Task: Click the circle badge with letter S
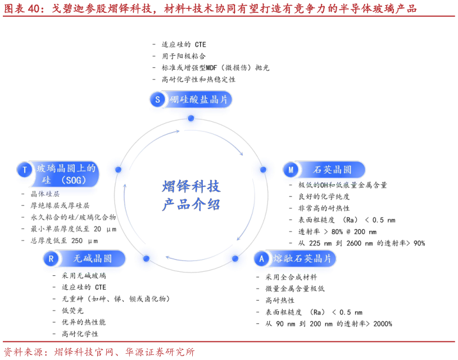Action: tap(157, 99)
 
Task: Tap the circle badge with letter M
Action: tap(291, 170)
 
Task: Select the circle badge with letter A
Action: tap(261, 259)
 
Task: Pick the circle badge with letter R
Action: tap(51, 259)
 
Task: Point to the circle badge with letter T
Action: tap(25, 170)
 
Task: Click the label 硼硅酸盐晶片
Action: tap(198, 99)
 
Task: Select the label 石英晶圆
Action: tap(332, 170)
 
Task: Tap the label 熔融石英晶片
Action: tap(302, 259)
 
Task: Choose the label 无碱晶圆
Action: tap(92, 259)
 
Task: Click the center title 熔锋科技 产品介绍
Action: tap(191, 195)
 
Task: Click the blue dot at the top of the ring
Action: tap(191, 119)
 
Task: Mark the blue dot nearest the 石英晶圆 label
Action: tap(263, 170)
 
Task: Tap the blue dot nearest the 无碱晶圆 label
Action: tap(146, 258)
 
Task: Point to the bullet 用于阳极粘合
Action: tap(184, 56)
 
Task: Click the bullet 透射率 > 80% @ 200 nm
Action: tap(337, 232)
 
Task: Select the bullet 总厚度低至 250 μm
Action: tap(64, 241)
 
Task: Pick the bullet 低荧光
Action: tap(72, 311)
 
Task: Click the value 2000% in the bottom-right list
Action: tap(383, 324)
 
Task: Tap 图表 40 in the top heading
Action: tap(21, 9)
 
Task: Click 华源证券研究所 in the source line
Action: tap(160, 352)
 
